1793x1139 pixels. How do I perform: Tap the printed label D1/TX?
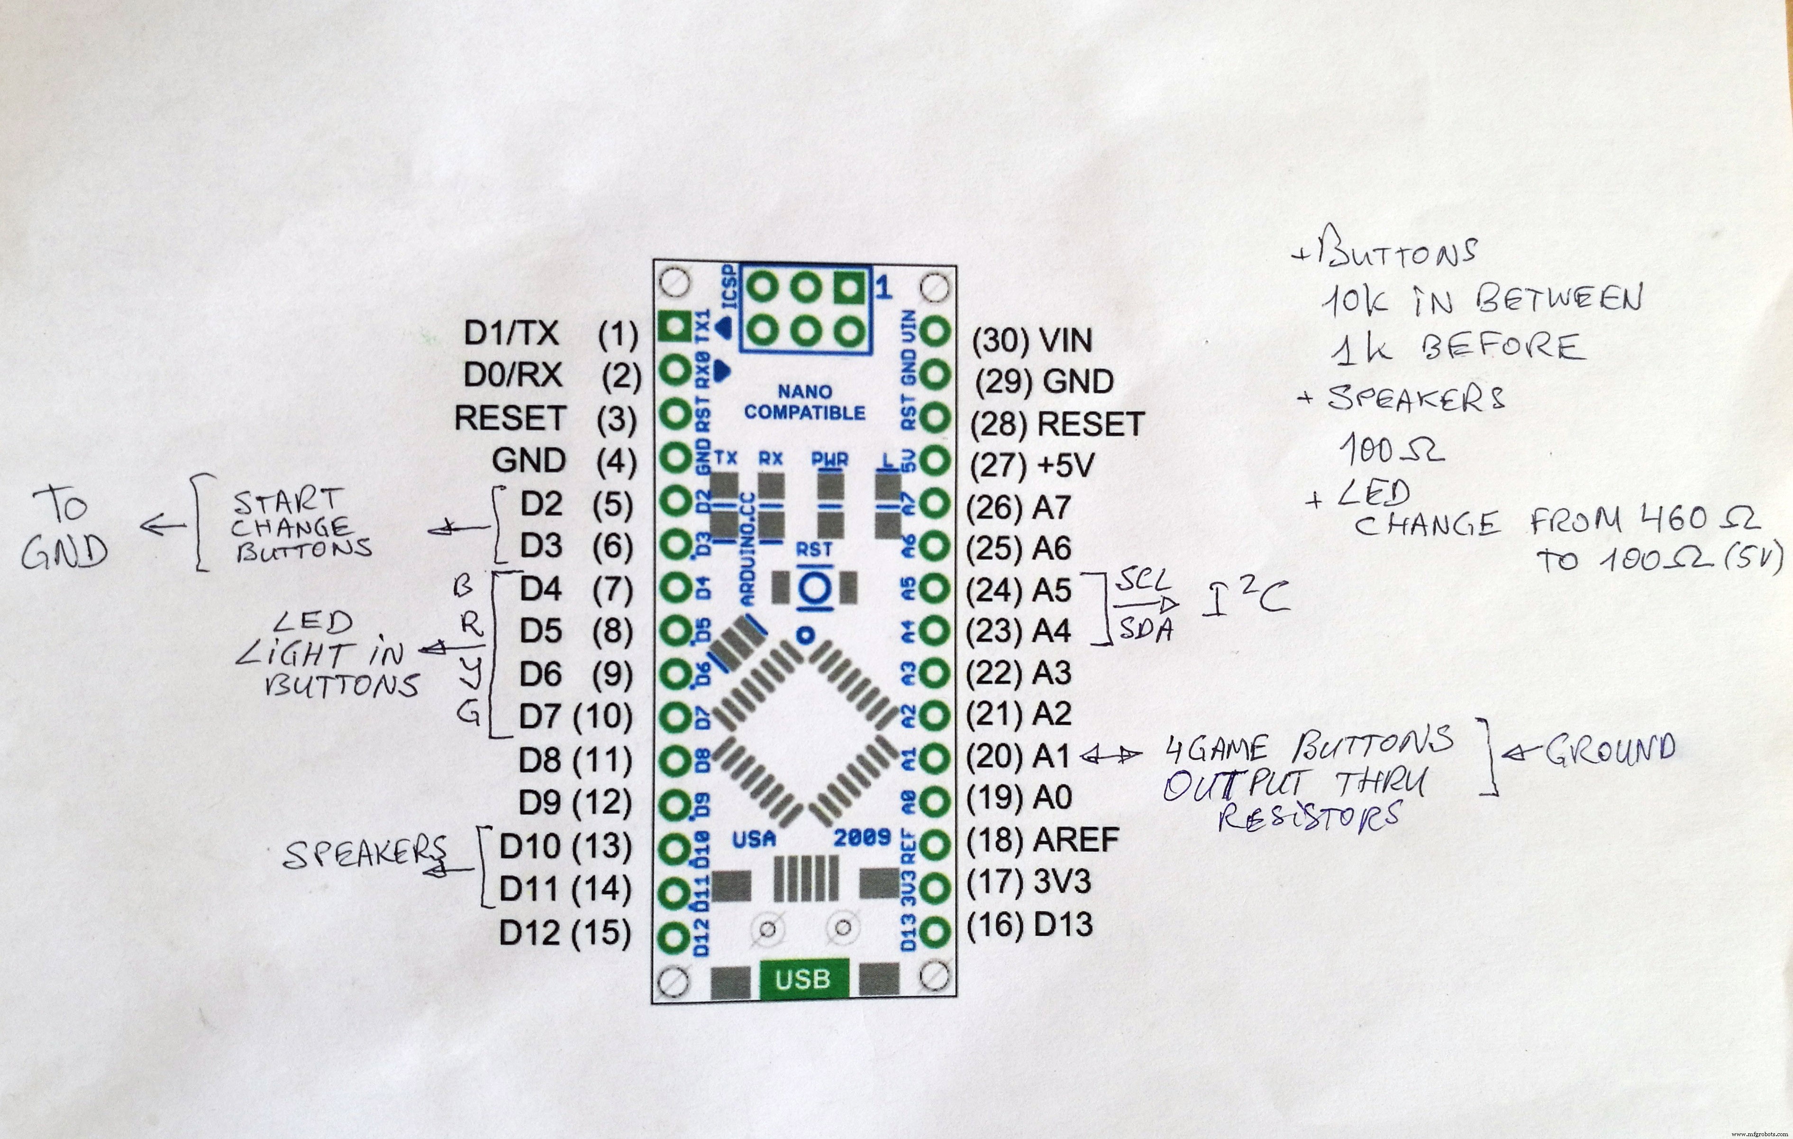coord(511,334)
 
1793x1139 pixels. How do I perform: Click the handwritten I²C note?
coord(1244,601)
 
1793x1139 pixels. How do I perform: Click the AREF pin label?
coord(1076,840)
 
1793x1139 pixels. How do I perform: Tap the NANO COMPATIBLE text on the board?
coord(804,402)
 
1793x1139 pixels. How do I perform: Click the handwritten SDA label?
coord(1147,630)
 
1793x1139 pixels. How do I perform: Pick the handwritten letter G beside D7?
coord(468,714)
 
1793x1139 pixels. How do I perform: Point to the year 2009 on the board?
coord(862,838)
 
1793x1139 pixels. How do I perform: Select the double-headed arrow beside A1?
coord(1111,756)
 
